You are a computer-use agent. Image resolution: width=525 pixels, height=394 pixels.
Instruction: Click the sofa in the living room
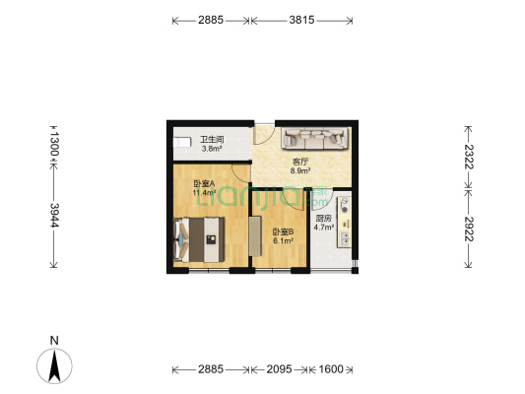tap(313, 140)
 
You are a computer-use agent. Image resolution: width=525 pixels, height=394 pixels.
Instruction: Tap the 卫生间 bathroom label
tap(211, 140)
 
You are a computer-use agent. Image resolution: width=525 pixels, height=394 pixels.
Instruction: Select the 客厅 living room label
tap(300, 163)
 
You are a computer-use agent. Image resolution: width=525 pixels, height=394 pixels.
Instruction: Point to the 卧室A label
tap(204, 184)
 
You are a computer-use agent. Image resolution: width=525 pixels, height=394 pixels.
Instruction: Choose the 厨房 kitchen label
tap(323, 219)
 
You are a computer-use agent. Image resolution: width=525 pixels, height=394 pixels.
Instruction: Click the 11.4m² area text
tap(204, 193)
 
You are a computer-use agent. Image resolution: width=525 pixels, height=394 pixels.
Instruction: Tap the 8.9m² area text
tap(300, 171)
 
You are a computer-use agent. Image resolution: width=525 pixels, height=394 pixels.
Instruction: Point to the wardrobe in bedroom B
tap(254, 235)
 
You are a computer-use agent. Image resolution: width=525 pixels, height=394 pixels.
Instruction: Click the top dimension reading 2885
tap(211, 20)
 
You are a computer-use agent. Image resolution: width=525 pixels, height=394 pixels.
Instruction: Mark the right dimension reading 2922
tap(470, 229)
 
